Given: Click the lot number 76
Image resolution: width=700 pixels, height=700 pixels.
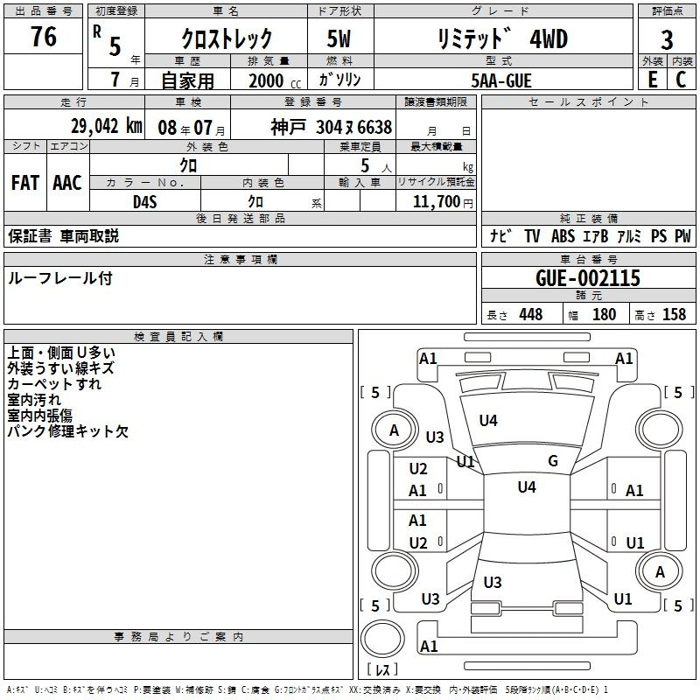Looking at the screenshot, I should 43,38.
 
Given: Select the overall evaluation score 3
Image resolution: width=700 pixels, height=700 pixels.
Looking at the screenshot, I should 667,39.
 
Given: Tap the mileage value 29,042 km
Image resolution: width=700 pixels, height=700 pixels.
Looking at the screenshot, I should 104,125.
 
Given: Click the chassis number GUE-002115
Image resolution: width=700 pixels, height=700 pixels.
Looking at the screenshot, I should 588,278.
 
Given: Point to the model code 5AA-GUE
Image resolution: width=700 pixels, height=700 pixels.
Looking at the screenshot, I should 500,80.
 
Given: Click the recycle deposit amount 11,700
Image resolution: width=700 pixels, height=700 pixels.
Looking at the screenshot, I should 432,201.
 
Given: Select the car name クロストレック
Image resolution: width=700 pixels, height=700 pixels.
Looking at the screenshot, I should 227,39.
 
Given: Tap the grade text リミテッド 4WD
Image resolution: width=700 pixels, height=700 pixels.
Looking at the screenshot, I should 501,39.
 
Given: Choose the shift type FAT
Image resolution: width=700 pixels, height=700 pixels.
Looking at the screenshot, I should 24,183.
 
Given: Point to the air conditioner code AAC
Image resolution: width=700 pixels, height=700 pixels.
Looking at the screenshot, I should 66,183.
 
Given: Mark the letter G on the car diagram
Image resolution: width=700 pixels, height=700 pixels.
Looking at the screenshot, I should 553,461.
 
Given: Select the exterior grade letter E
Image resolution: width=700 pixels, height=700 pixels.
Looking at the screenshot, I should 651,79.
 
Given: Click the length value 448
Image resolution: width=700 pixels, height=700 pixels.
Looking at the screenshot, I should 530,314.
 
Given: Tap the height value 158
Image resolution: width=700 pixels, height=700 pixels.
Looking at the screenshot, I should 674,314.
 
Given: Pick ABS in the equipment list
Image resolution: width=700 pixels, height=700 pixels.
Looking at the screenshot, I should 563,236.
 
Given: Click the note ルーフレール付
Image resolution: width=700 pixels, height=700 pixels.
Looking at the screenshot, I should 59,278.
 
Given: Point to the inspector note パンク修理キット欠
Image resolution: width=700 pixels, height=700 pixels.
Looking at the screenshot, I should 67,430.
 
